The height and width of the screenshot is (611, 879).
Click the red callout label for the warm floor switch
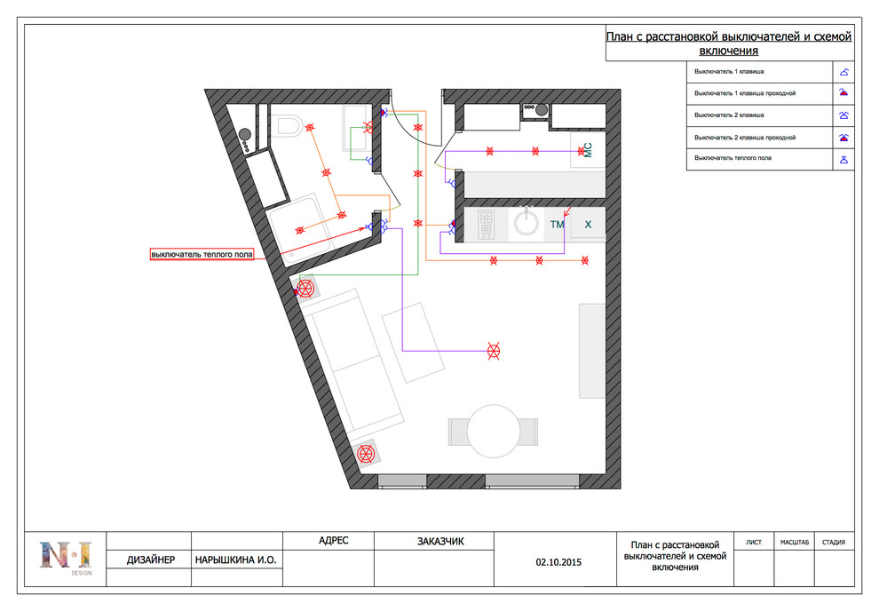point(202,255)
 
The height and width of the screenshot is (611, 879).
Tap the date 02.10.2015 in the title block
point(558,562)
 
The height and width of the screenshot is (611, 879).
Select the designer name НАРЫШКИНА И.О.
point(236,560)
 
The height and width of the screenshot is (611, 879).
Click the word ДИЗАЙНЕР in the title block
point(151,560)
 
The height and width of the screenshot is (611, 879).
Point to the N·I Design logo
point(66,557)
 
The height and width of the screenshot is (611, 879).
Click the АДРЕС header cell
point(334,540)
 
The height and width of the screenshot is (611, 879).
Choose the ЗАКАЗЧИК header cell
point(440,542)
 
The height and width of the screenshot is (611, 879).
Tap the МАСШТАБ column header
point(795,542)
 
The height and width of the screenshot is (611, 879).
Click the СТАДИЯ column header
point(834,542)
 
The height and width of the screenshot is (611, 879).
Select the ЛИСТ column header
point(754,542)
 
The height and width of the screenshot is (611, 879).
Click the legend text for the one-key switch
point(729,72)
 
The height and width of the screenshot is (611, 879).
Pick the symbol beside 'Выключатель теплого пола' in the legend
point(843,160)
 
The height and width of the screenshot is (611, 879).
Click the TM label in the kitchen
point(557,225)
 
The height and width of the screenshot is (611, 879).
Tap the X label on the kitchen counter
point(588,224)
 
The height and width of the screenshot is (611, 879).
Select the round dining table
point(494,432)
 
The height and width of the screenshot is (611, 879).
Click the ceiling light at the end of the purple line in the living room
point(494,352)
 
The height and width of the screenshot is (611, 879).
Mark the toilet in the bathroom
point(289,125)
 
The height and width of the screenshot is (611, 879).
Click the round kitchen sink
point(527,223)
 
